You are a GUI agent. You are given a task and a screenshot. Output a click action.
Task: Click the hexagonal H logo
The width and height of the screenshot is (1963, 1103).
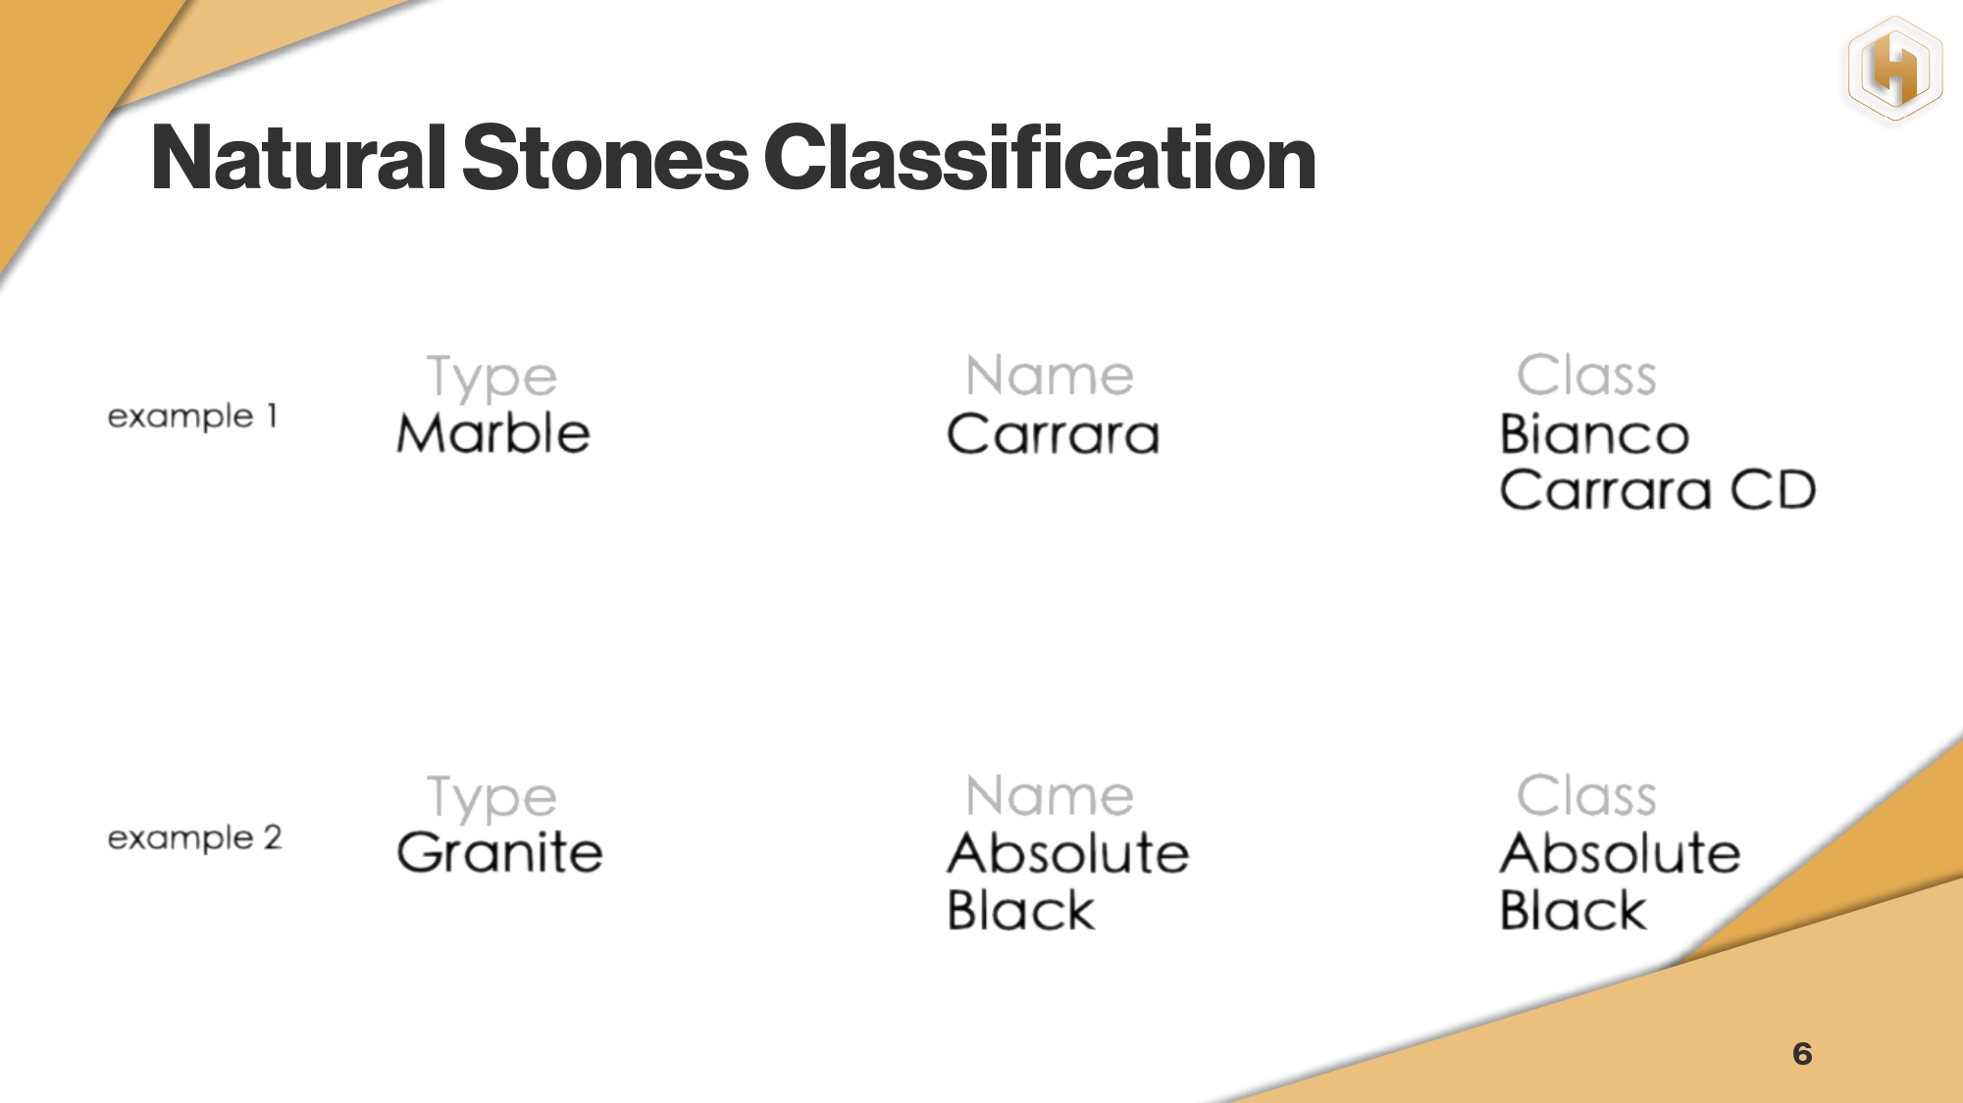pyautogui.click(x=1895, y=69)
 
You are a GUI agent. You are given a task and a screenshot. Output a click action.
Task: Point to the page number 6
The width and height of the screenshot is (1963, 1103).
pyautogui.click(x=1802, y=1054)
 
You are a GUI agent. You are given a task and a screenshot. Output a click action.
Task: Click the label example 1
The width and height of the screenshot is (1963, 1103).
pyautogui.click(x=192, y=417)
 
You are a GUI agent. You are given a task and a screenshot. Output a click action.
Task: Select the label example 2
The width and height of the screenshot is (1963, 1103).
pyautogui.click(x=194, y=838)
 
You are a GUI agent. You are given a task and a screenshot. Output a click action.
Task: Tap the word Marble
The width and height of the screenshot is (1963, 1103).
pyautogui.click(x=493, y=432)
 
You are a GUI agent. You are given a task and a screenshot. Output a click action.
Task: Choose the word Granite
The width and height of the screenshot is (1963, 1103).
pyautogui.click(x=499, y=851)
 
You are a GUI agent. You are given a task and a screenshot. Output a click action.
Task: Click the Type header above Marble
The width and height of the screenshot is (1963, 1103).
pyautogui.click(x=491, y=378)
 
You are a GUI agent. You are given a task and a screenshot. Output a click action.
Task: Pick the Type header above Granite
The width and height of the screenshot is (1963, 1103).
pyautogui.click(x=491, y=798)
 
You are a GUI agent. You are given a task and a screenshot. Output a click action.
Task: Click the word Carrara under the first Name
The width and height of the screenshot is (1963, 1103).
pyautogui.click(x=1053, y=434)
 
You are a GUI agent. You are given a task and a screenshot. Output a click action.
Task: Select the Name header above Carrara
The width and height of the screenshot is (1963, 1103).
pyautogui.click(x=1050, y=375)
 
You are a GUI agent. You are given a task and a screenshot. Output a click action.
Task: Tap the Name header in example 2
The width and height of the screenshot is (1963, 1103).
pyautogui.click(x=1050, y=795)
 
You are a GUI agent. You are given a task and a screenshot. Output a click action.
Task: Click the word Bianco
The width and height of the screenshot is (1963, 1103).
pyautogui.click(x=1594, y=433)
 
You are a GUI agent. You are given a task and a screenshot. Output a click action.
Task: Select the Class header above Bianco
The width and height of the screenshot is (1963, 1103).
pyautogui.click(x=1586, y=375)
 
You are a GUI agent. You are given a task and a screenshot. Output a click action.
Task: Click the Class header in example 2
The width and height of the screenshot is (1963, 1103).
pyautogui.click(x=1586, y=795)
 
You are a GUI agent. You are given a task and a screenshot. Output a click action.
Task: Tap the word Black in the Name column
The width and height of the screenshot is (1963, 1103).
pyautogui.click(x=1020, y=910)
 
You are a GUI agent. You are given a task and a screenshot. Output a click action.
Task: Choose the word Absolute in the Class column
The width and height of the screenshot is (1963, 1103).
pyautogui.click(x=1621, y=852)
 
